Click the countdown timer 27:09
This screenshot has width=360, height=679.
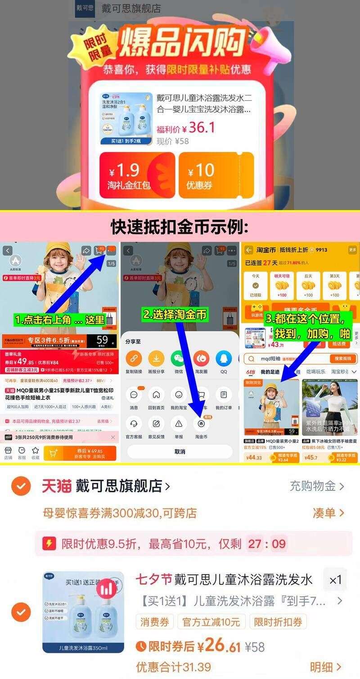[267, 544]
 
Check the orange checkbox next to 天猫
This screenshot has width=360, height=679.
[21, 486]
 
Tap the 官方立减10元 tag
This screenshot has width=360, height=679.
[211, 622]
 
